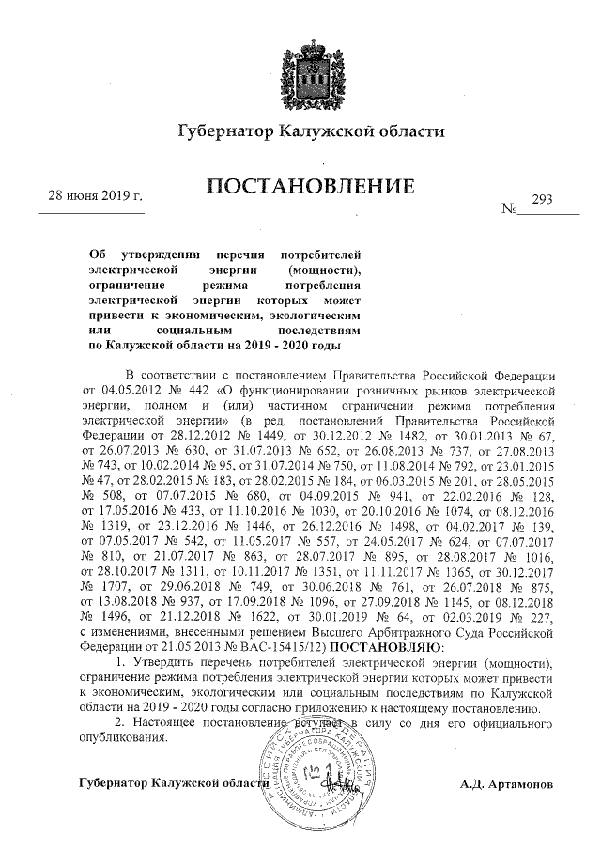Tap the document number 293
[543, 199]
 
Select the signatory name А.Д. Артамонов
[507, 782]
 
